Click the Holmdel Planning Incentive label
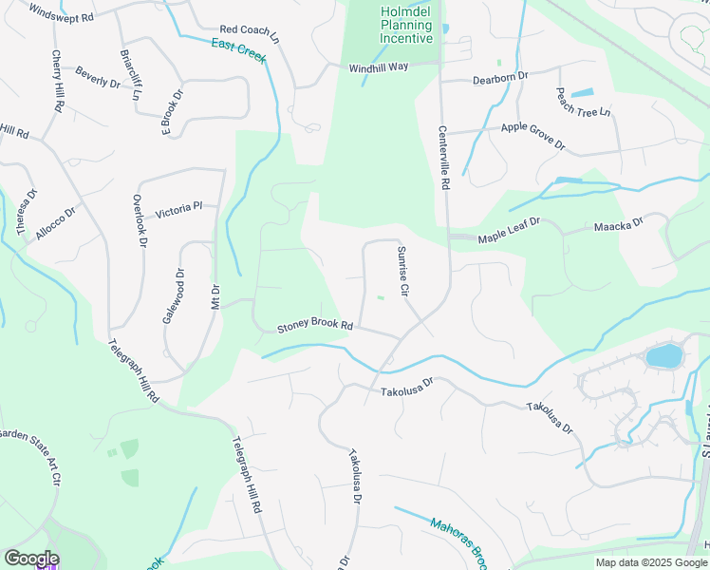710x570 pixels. [407, 25]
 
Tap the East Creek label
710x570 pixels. [238, 51]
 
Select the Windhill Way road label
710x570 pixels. [378, 67]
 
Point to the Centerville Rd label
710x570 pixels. [443, 159]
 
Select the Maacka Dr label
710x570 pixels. [619, 225]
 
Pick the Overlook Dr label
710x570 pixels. [139, 221]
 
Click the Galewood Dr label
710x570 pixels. [173, 296]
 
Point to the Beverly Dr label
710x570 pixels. [98, 77]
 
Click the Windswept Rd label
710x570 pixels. [62, 12]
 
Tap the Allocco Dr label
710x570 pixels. [55, 224]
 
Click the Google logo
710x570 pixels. [31, 559]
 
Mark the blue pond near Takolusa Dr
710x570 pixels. [663, 357]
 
